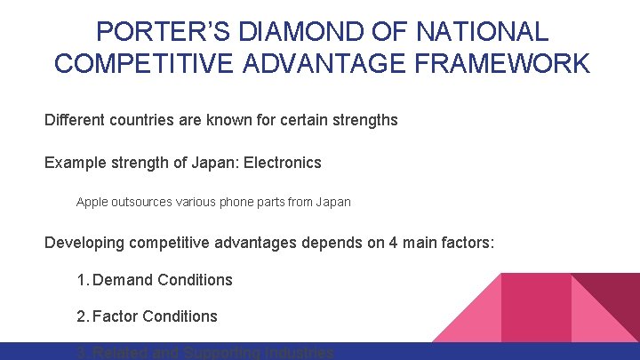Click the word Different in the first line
click(76, 119)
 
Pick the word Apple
click(92, 202)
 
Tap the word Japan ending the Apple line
click(333, 202)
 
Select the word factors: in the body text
click(464, 242)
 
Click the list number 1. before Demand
click(83, 280)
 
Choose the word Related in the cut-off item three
click(120, 353)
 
